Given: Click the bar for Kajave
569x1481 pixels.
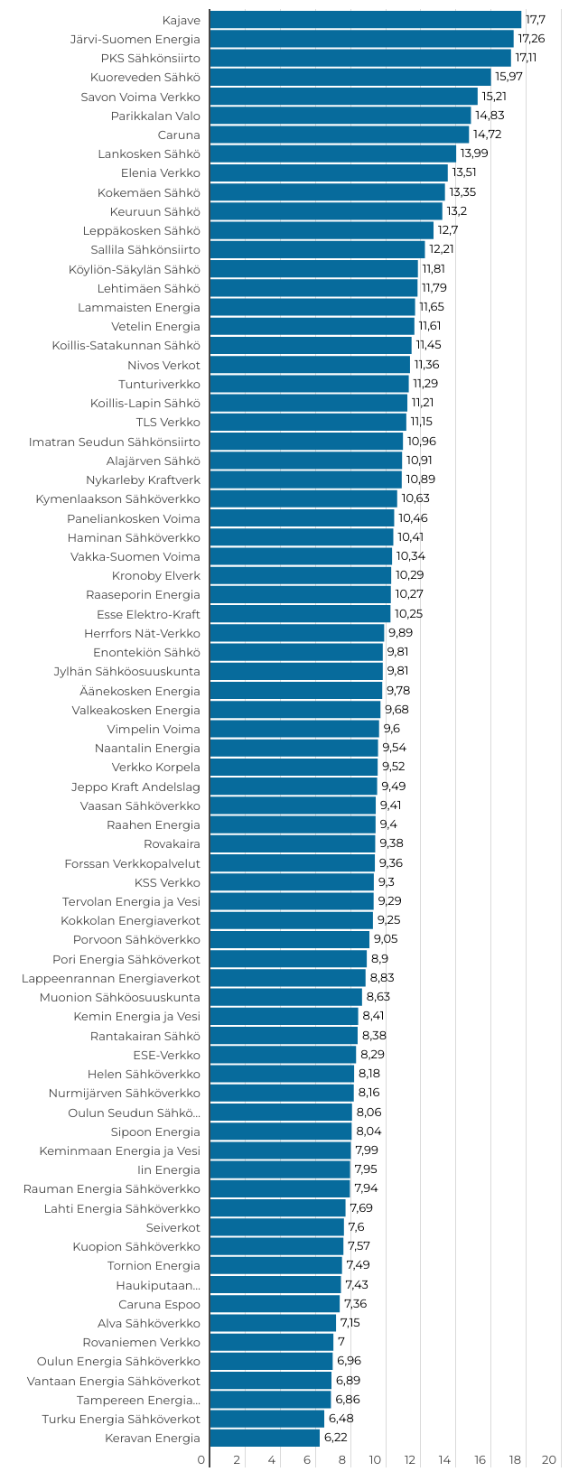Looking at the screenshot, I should [365, 20].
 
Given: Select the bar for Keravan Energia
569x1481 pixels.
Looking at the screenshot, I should [265, 1438].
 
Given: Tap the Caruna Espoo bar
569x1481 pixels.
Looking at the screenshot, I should [275, 1304].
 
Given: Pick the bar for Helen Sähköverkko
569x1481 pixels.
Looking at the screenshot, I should [282, 1074].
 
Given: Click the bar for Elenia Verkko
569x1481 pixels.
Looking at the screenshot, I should [329, 172].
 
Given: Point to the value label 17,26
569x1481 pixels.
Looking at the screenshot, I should [531, 39].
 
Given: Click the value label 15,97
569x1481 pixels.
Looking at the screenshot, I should [508, 77].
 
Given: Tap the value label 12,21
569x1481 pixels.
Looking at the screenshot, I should [441, 249].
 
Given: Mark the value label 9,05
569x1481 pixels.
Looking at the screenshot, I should [386, 939].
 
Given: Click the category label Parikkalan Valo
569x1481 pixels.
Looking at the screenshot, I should [155, 116].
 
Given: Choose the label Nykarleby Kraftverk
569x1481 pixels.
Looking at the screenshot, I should [143, 480].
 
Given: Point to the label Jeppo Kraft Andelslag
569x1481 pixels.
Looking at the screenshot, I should [135, 787].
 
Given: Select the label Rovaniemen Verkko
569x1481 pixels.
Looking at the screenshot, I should [141, 1342].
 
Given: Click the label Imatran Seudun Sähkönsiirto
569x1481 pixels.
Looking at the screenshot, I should [115, 442].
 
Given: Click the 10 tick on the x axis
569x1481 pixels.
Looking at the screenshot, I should [375, 1460].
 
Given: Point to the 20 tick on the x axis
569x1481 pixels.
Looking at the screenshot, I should [549, 1460].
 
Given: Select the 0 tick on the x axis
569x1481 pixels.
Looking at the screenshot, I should [201, 1460].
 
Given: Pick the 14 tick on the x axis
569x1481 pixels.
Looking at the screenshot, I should [445, 1460].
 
